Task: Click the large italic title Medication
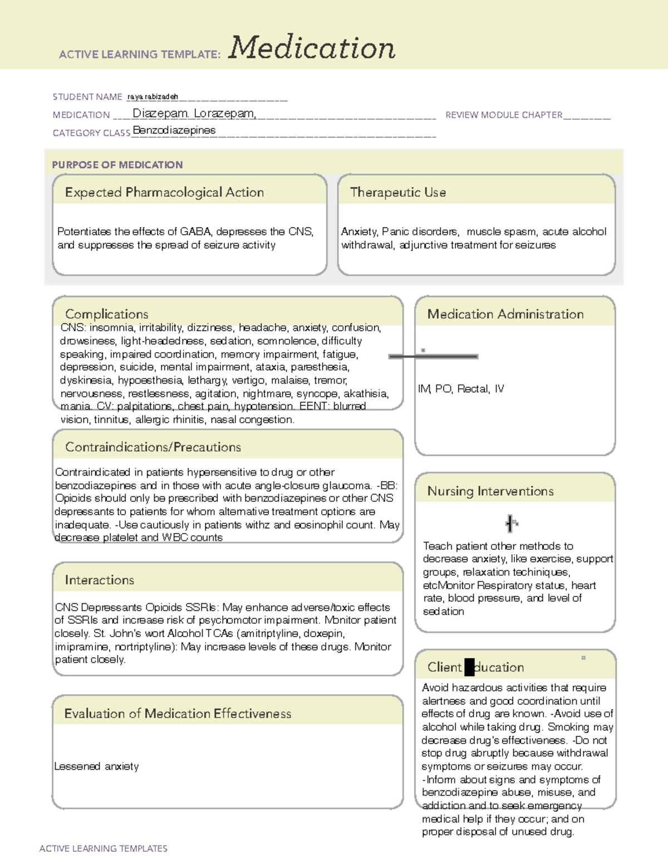pyautogui.click(x=311, y=48)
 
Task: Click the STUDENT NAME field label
pyautogui.click(x=87, y=97)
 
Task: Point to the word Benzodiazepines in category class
pyautogui.click(x=174, y=130)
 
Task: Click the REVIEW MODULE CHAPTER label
pyautogui.click(x=504, y=115)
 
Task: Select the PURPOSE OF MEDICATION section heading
pyautogui.click(x=117, y=165)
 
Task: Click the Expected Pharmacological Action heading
pyautogui.click(x=164, y=192)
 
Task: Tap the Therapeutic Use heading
pyautogui.click(x=398, y=192)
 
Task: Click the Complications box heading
pyautogui.click(x=107, y=314)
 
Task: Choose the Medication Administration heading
pyautogui.click(x=505, y=314)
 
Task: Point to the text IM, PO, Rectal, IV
pyautogui.click(x=461, y=389)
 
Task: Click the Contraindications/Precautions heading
pyautogui.click(x=153, y=447)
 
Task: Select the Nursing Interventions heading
pyautogui.click(x=490, y=491)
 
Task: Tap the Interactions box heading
pyautogui.click(x=100, y=580)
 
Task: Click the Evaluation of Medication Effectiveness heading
pyautogui.click(x=178, y=713)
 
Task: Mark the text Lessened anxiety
pyautogui.click(x=97, y=766)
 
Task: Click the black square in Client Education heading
pyautogui.click(x=469, y=667)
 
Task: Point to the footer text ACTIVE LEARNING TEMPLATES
pyautogui.click(x=104, y=848)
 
